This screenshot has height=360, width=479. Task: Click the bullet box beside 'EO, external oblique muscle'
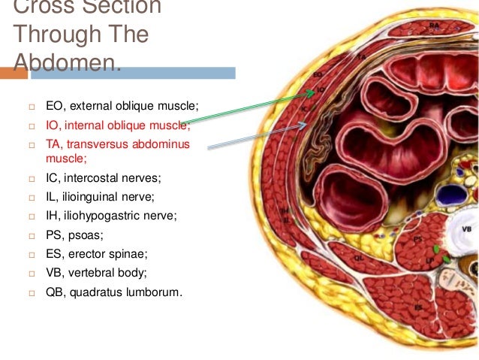coord(32,106)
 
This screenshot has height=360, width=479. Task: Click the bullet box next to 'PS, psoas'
coord(32,235)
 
